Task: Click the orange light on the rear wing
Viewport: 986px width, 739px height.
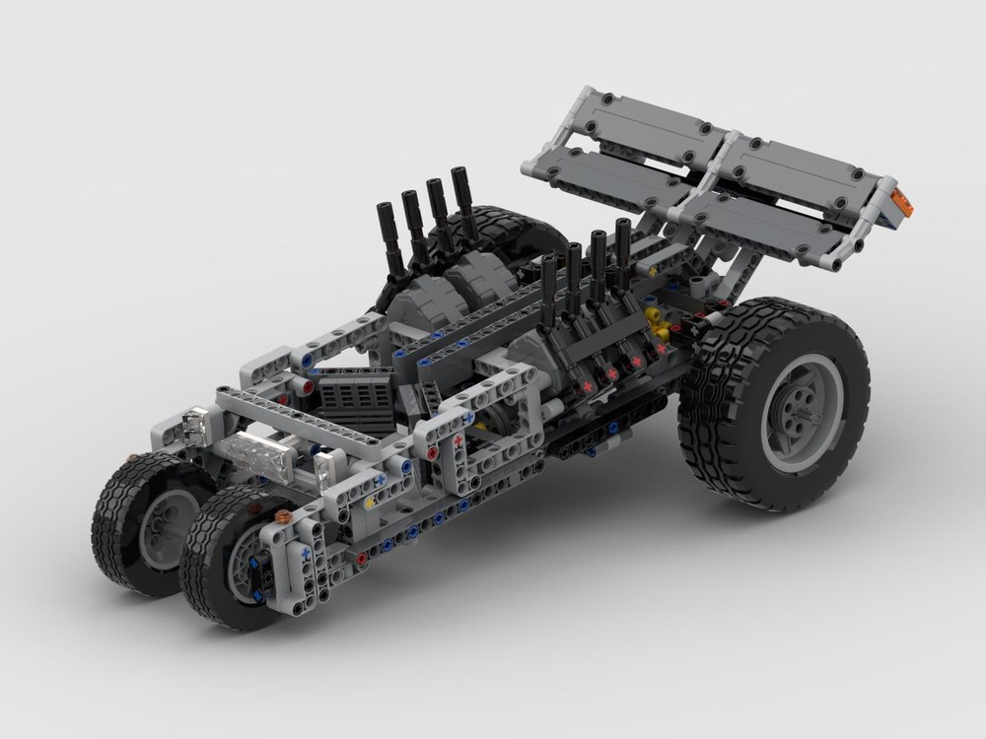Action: click(x=901, y=204)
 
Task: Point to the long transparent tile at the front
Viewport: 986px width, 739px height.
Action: click(x=255, y=455)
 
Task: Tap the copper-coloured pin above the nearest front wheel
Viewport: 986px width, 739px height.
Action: click(x=283, y=515)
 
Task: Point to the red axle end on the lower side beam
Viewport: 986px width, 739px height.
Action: click(x=362, y=558)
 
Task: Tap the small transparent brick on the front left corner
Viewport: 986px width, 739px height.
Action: click(x=195, y=427)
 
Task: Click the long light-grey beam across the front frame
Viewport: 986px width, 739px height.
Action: click(x=296, y=420)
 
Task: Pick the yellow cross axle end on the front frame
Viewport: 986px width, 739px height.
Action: click(x=370, y=503)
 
